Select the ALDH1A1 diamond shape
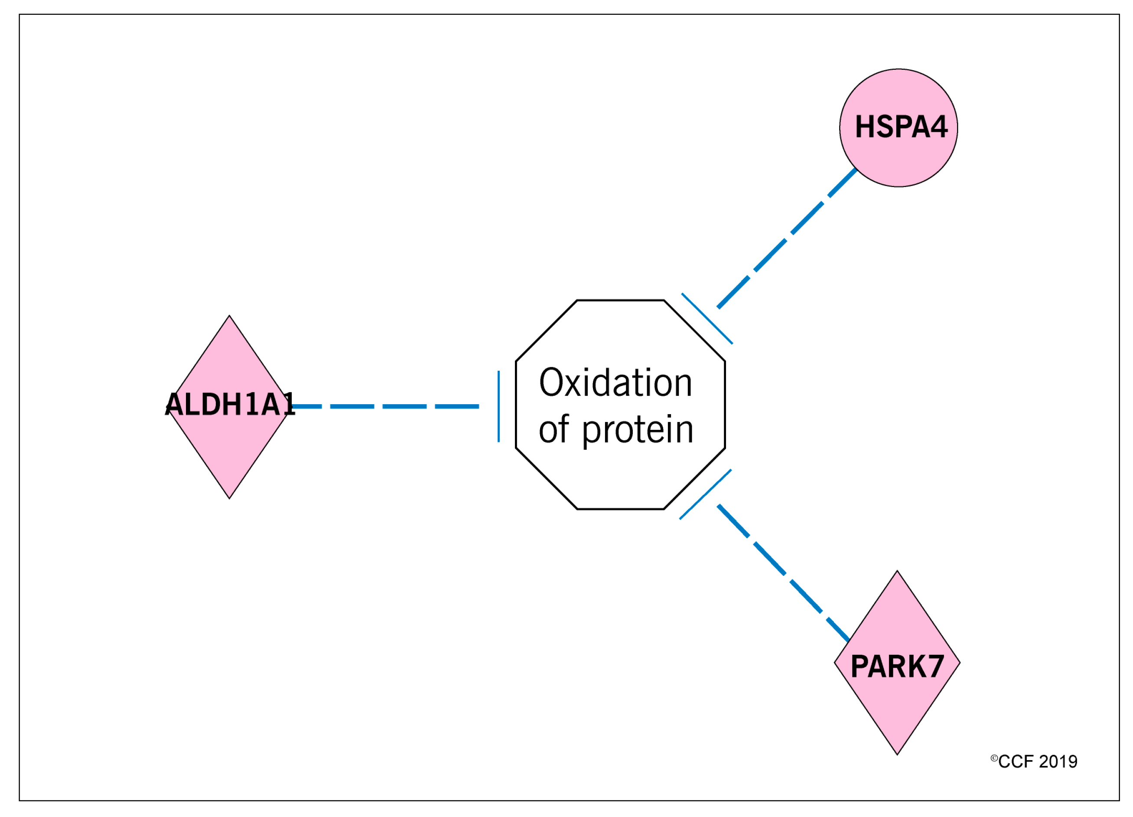pos(229,450)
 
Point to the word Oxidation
pos(615,383)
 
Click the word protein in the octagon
pos(638,430)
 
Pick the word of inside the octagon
pos(553,429)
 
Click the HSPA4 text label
pos(901,127)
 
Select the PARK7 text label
pos(897,667)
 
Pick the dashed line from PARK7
pos(787,575)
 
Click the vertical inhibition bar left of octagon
pos(498,406)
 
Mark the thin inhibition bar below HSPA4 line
pos(707,318)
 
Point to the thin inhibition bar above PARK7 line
pos(705,494)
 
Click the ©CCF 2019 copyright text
pos(1034,761)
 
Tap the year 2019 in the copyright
pos(1058,761)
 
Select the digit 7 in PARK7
pos(934,667)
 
